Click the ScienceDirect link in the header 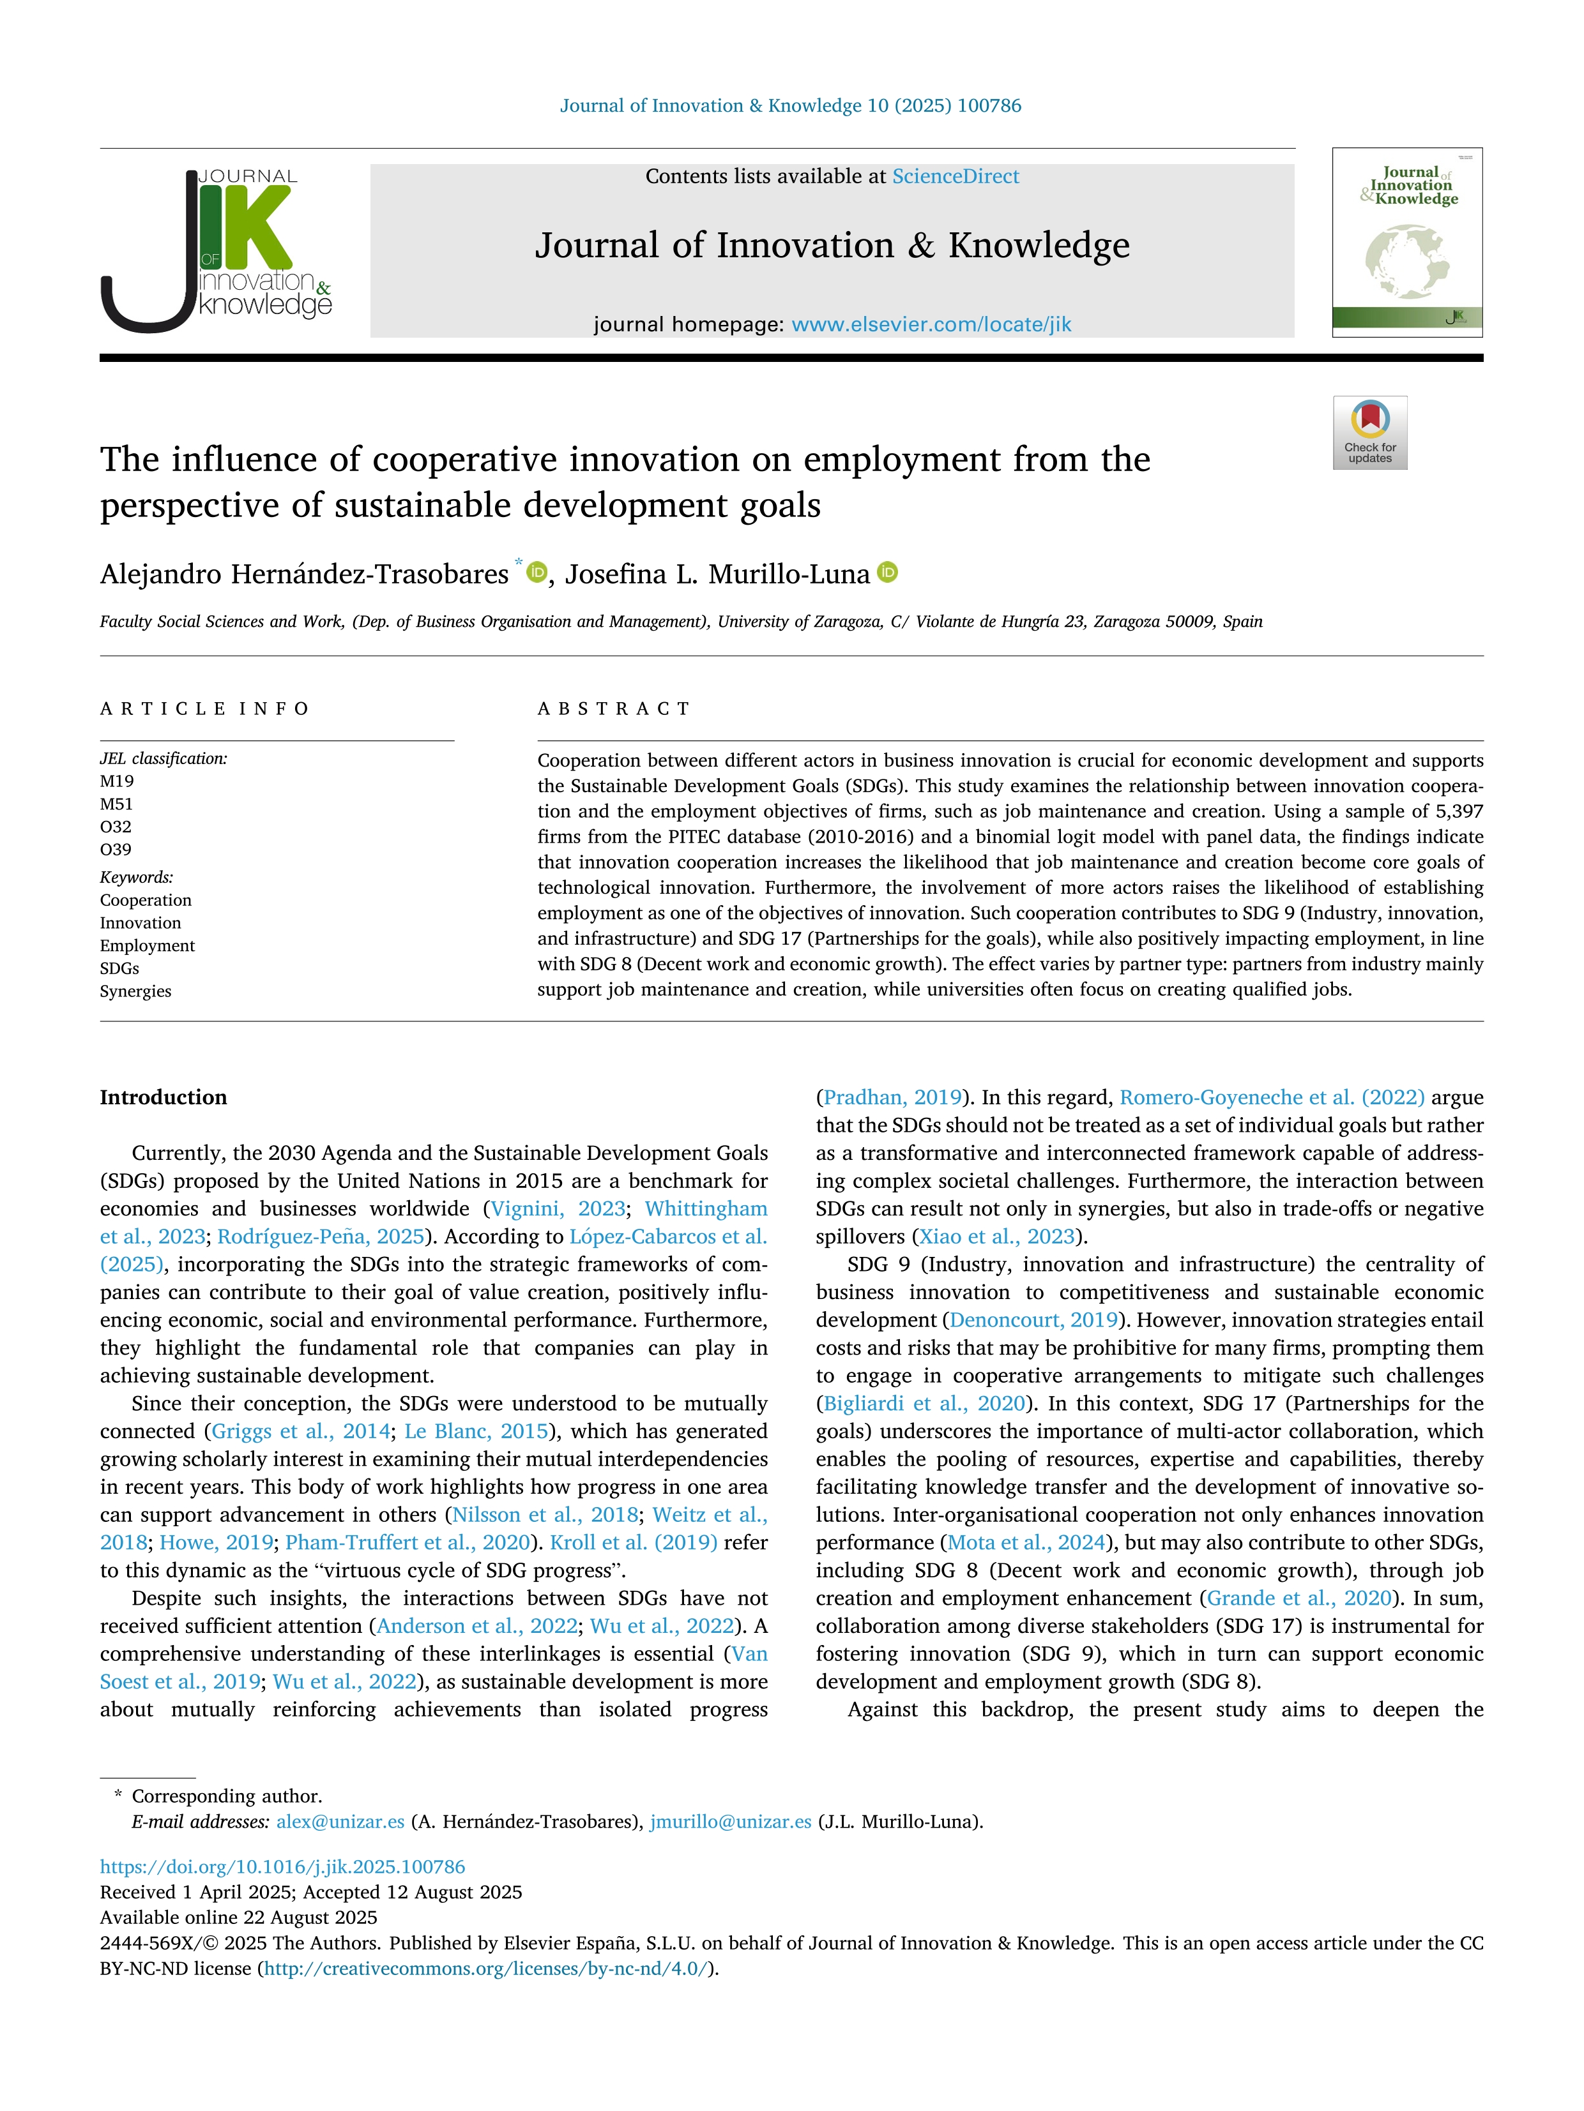(x=955, y=177)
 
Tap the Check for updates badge (x=1369, y=432)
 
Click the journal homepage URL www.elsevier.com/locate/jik (x=931, y=324)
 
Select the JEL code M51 (x=116, y=804)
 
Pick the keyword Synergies (x=135, y=991)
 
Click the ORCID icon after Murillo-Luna (x=888, y=573)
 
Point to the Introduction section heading (x=164, y=1097)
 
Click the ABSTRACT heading (x=614, y=708)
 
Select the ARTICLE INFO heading (x=204, y=708)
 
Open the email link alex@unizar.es (x=340, y=1821)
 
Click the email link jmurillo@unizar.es (x=731, y=1821)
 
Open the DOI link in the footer (x=282, y=1867)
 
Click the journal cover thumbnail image (x=1406, y=243)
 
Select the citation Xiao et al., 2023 (x=996, y=1237)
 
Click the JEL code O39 (x=116, y=850)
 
